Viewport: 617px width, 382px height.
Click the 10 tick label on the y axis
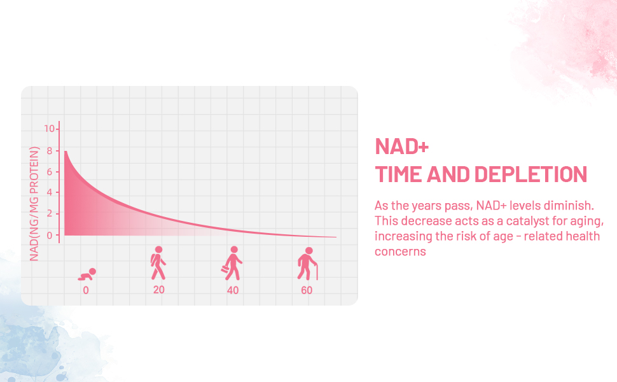tap(49, 129)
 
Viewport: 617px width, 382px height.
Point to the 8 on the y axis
tap(49, 150)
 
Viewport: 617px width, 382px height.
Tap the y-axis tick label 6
tap(49, 172)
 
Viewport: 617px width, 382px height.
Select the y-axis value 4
tap(49, 192)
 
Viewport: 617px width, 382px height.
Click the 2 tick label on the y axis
tap(49, 214)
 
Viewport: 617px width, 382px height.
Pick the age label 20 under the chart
tap(159, 290)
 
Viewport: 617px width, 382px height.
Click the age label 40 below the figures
tap(233, 290)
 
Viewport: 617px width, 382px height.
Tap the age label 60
tap(307, 290)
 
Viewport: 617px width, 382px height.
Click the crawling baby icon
tap(87, 274)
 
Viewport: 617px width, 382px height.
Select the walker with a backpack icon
tap(158, 263)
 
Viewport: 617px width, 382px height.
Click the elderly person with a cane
tap(308, 264)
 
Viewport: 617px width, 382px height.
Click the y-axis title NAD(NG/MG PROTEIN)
tap(34, 204)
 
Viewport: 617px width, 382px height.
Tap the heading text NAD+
tap(402, 146)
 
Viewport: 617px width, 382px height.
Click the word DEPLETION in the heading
tap(530, 174)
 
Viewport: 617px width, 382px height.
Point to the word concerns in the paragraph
tap(400, 251)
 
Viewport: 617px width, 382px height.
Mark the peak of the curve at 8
tap(66, 152)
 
